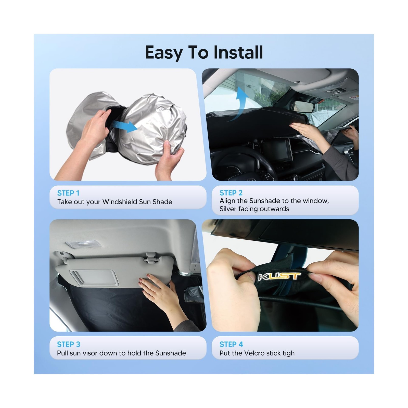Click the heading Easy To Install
click(x=204, y=52)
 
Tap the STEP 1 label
click(x=68, y=193)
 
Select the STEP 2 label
click(x=231, y=193)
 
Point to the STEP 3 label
click(x=68, y=344)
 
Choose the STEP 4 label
click(x=231, y=344)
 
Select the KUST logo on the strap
click(x=279, y=276)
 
